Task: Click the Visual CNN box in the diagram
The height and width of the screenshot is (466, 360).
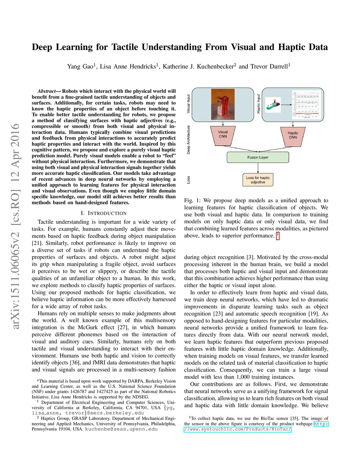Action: [223, 135]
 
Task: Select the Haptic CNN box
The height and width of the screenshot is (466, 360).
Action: [293, 136]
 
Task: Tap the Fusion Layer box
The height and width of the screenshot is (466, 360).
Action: [258, 157]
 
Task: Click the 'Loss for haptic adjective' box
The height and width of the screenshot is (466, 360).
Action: [258, 180]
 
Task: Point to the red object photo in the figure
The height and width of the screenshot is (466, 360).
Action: [223, 104]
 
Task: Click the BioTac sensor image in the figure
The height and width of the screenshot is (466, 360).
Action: [273, 105]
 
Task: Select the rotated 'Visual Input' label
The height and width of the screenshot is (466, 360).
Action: [188, 103]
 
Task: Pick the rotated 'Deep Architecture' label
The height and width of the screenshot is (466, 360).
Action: [188, 140]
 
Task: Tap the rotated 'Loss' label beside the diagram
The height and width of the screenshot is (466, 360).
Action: [188, 180]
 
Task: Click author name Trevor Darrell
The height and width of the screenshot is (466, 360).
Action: [270, 66]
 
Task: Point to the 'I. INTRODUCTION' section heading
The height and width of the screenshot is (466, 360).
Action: [103, 213]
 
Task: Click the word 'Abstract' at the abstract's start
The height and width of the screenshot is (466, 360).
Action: [47, 91]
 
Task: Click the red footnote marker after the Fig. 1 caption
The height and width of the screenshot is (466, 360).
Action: [278, 235]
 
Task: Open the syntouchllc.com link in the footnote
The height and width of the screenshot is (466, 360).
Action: [256, 427]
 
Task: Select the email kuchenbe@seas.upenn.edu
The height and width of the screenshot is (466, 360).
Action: [121, 429]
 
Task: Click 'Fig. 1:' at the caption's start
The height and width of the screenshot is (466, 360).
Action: [192, 200]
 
